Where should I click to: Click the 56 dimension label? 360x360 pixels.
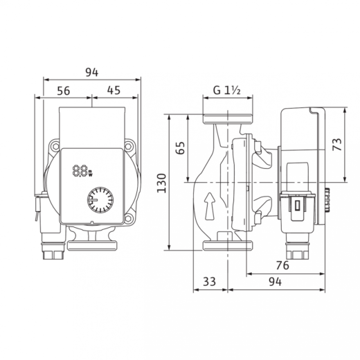tap(64, 91)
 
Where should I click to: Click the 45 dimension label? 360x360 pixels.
tap(114, 90)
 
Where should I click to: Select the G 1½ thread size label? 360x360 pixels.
tap(227, 90)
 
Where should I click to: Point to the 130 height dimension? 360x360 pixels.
tap(161, 183)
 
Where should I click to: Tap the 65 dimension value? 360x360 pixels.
tap(180, 148)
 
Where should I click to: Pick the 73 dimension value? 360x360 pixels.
tap(337, 145)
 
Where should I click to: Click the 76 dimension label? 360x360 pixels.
tap(282, 265)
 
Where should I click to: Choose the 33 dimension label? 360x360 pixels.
tap(210, 282)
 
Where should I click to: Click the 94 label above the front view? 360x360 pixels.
tap(92, 72)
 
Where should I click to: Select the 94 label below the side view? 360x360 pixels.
tap(276, 282)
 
